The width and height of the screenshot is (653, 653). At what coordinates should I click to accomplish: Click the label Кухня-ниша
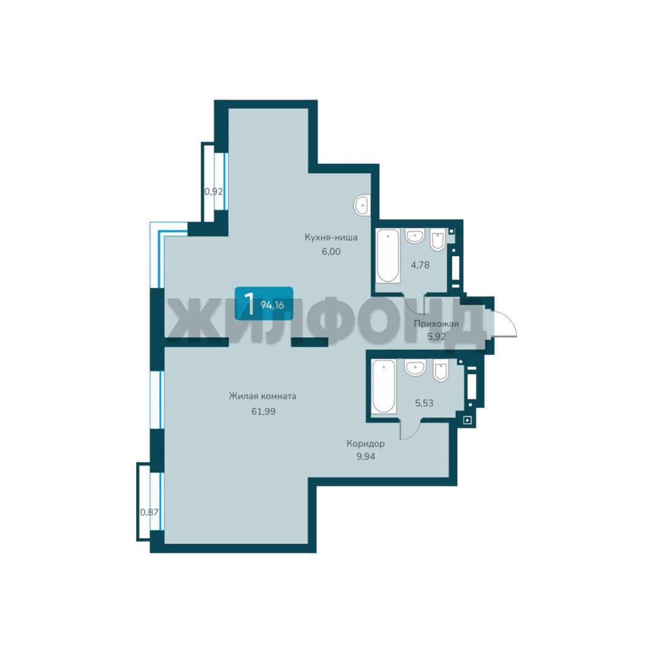click(331, 238)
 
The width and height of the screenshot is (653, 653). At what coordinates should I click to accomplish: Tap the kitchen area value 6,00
click(331, 252)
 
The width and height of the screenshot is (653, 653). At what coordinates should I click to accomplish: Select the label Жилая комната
click(263, 396)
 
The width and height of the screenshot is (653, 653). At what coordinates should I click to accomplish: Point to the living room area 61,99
click(263, 412)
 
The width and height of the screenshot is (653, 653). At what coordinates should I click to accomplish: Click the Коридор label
click(366, 444)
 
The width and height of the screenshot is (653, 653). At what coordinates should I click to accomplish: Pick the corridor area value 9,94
click(366, 456)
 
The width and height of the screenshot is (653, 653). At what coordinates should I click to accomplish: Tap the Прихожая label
click(436, 324)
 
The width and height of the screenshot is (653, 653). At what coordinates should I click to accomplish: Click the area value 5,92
click(437, 336)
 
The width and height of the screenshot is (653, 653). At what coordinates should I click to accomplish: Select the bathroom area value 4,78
click(420, 265)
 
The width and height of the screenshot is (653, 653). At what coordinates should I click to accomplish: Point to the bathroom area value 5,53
click(424, 403)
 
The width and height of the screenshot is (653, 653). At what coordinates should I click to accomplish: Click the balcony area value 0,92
click(213, 192)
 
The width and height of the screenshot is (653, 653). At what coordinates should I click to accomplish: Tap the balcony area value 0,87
click(149, 512)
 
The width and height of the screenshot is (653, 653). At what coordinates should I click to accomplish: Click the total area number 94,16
click(272, 305)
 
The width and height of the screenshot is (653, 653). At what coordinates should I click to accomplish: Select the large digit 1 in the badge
click(249, 304)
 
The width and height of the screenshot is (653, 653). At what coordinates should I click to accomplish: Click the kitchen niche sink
click(362, 205)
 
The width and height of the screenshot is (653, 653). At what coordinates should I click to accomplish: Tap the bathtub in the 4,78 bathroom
click(388, 256)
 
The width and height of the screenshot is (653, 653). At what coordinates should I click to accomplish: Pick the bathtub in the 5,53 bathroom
click(383, 386)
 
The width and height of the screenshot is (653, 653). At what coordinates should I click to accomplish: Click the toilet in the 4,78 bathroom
click(438, 240)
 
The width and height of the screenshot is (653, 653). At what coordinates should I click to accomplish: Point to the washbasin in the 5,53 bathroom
click(415, 368)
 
